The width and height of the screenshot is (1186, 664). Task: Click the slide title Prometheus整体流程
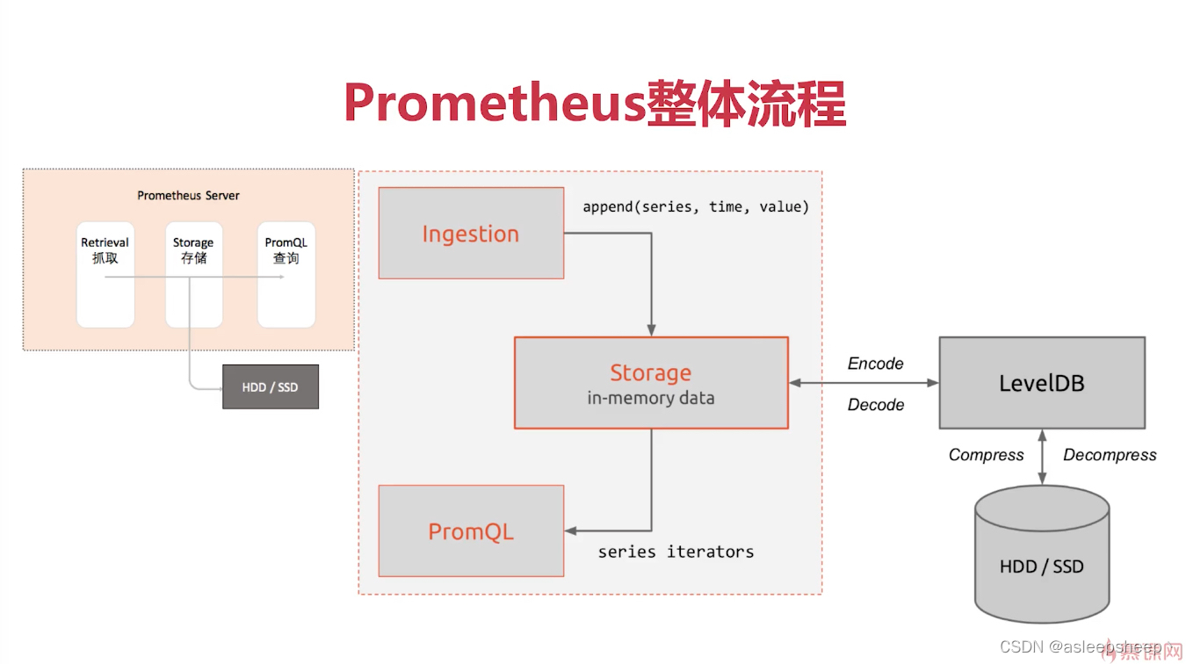tap(594, 105)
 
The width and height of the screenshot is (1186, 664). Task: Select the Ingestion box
tap(471, 234)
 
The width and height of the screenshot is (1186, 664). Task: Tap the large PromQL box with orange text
tap(471, 531)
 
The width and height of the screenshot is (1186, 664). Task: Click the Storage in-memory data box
tap(651, 383)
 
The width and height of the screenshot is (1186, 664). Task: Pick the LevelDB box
tap(1042, 383)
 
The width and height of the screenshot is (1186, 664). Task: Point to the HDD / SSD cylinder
tap(1042, 553)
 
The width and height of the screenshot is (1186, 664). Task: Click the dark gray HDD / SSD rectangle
tap(271, 387)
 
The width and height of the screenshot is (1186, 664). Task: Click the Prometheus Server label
tap(188, 195)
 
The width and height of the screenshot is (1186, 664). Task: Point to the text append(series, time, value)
tap(696, 207)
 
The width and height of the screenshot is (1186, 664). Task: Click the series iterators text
tap(676, 552)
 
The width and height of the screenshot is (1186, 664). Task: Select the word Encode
tap(875, 364)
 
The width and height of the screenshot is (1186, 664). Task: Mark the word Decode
tap(875, 405)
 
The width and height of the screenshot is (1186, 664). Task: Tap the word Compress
tap(986, 455)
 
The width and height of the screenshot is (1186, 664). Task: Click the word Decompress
tap(1110, 455)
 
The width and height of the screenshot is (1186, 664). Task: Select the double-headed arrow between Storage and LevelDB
tap(864, 383)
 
